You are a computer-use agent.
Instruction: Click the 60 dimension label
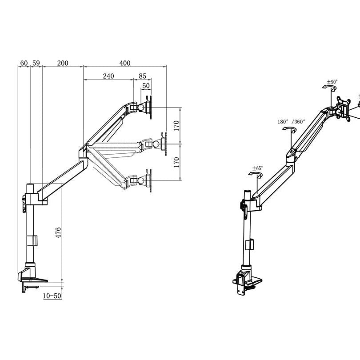pyautogui.click(x=24, y=63)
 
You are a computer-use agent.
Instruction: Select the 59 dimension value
pyautogui.click(x=36, y=63)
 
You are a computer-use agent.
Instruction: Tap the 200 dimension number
pyautogui.click(x=63, y=63)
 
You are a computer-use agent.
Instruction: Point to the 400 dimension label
pyautogui.click(x=125, y=63)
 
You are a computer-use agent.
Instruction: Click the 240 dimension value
pyautogui.click(x=108, y=76)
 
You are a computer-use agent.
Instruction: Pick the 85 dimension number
pyautogui.click(x=142, y=76)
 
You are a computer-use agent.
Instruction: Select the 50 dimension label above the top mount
pyautogui.click(x=146, y=85)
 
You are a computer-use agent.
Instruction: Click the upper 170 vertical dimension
pyautogui.click(x=176, y=126)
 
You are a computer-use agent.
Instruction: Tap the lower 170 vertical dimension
pyautogui.click(x=176, y=162)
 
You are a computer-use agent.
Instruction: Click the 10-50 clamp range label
pyautogui.click(x=52, y=296)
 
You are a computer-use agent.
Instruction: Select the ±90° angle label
pyautogui.click(x=332, y=82)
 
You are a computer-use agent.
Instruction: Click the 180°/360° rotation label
pyautogui.click(x=291, y=121)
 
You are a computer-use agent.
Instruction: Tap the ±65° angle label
pyautogui.click(x=257, y=168)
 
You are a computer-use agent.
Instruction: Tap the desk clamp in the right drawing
pyautogui.click(x=246, y=280)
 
